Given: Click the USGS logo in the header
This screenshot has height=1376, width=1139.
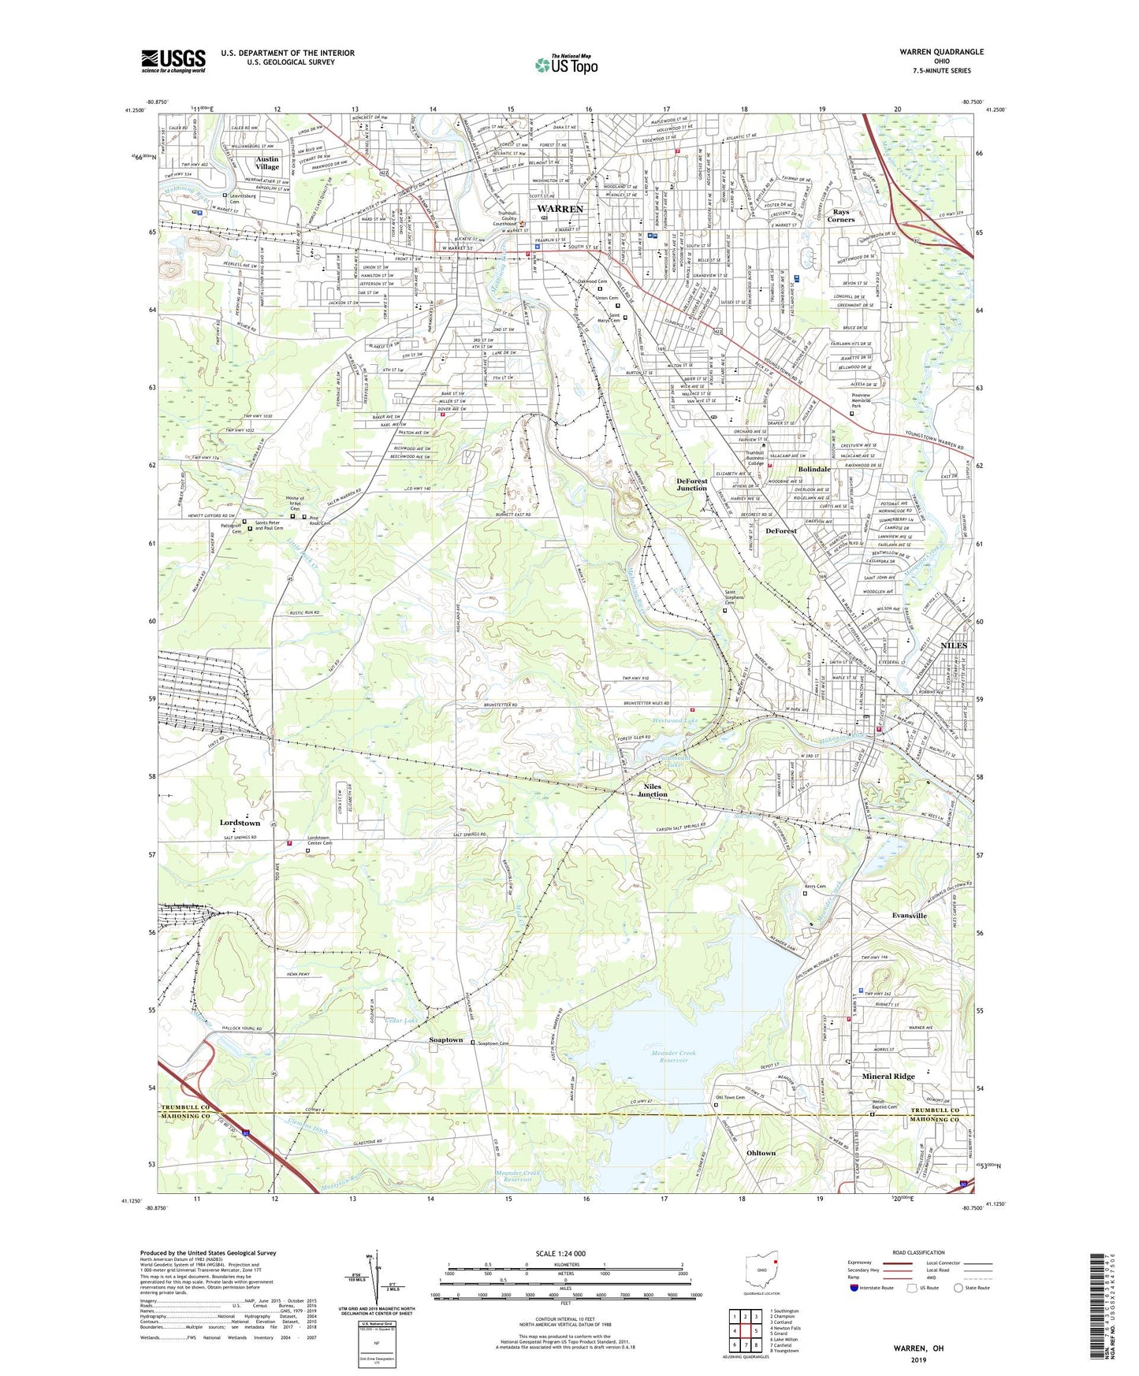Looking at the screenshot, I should click(x=173, y=61).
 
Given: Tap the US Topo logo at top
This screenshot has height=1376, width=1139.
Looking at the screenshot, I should click(x=566, y=65).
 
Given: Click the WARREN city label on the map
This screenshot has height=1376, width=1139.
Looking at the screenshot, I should click(x=560, y=209).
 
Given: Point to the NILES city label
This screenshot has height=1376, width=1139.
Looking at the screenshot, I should click(x=954, y=645).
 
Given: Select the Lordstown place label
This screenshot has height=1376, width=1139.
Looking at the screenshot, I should click(x=240, y=823).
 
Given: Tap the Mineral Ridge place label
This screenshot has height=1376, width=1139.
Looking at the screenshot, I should click(x=888, y=1076).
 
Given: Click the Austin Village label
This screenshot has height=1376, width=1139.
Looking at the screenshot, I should click(x=267, y=163).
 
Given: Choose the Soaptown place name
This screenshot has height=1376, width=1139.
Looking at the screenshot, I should click(x=446, y=1040).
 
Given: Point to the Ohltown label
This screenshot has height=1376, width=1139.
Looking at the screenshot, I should click(x=761, y=1153).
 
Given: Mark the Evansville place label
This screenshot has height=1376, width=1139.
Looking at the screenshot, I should click(x=909, y=916).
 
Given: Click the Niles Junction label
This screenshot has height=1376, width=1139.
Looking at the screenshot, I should click(x=652, y=790).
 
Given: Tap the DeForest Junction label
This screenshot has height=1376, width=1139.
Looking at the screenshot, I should click(x=691, y=485).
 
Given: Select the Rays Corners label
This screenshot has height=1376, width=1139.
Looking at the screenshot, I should click(x=840, y=216).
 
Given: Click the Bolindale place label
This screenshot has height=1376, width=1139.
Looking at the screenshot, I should click(x=814, y=470).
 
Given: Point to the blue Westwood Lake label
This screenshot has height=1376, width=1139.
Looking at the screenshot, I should click(x=674, y=721).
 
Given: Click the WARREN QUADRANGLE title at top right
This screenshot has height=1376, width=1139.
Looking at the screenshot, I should click(x=941, y=52).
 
